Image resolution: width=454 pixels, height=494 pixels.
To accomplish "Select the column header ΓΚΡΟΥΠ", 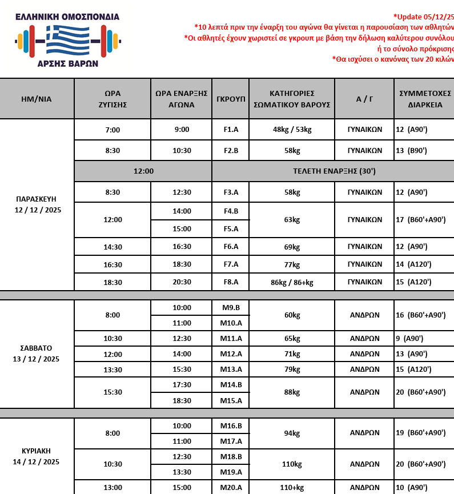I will tap(231, 99).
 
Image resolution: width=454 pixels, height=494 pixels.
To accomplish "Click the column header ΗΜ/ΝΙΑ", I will tap(37, 99).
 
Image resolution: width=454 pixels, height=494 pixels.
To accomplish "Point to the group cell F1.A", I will tap(231, 130).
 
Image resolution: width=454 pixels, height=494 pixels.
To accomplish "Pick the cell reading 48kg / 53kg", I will tap(292, 130).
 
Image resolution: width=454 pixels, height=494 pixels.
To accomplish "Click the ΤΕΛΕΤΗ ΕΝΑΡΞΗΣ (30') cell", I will tap(334, 171).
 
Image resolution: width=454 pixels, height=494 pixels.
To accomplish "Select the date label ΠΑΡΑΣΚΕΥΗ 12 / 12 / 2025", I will tap(38, 204).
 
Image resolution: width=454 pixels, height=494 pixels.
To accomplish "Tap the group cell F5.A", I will tap(231, 229).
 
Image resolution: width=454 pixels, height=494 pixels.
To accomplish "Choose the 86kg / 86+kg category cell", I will tap(292, 282).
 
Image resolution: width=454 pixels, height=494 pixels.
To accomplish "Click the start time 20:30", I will tap(182, 282).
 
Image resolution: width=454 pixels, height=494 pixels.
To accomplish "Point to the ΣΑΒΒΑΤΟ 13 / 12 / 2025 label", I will tap(37, 354).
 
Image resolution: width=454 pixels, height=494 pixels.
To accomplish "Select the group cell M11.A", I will tap(231, 339).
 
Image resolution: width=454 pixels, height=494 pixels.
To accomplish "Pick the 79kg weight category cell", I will tap(292, 370).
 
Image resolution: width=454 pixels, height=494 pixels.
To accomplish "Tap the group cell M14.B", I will tap(231, 385).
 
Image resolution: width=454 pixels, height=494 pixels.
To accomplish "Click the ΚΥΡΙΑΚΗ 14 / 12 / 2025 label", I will tap(37, 456).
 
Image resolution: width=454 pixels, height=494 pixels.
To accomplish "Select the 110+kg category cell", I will tap(292, 488).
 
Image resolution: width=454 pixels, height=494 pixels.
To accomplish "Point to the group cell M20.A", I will tap(231, 488).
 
